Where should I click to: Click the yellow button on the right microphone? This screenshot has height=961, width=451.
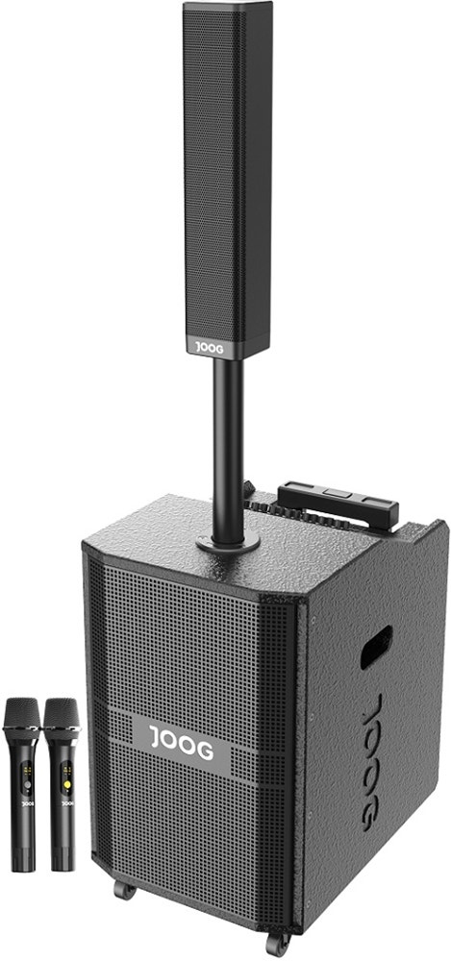click(x=65, y=784)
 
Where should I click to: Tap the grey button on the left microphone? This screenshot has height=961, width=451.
click(x=26, y=784)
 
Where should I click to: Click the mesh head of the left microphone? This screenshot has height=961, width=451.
click(x=22, y=715)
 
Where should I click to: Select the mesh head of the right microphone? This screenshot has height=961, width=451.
click(x=62, y=715)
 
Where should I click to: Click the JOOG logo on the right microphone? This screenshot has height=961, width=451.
click(x=67, y=802)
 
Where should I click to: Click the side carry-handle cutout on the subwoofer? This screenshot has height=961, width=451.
click(x=376, y=647)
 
